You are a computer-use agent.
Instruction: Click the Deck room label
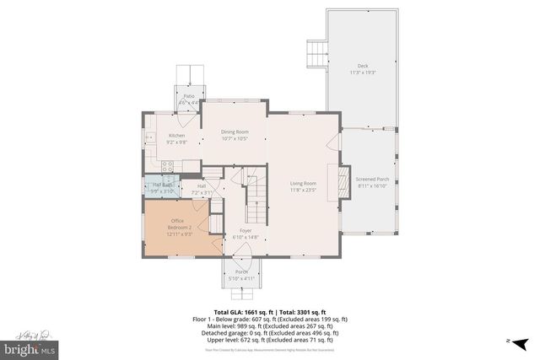click(x=363, y=68)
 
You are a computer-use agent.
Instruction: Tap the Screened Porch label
click(x=372, y=182)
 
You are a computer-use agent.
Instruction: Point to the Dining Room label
click(x=235, y=135)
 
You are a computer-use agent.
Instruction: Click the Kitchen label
click(x=176, y=138)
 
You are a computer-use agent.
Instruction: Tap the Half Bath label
click(x=162, y=187)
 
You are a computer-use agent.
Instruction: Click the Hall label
click(x=202, y=189)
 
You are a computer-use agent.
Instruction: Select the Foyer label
click(x=245, y=234)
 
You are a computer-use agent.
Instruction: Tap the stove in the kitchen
click(x=167, y=167)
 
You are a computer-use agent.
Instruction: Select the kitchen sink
click(x=149, y=137)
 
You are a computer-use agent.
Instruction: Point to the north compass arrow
click(x=514, y=341)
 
